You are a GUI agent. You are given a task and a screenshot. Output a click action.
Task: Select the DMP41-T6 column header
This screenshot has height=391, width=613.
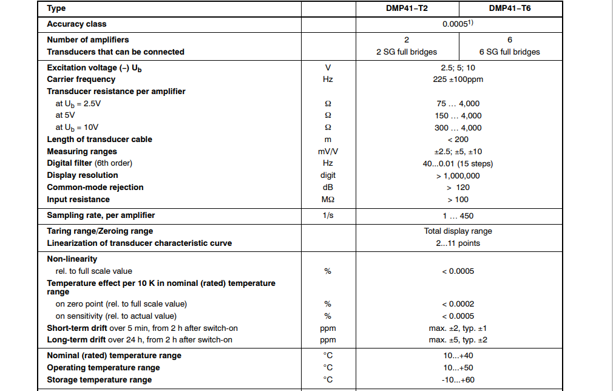pos(509,8)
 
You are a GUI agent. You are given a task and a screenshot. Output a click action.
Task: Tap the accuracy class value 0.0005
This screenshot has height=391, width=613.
pos(458,24)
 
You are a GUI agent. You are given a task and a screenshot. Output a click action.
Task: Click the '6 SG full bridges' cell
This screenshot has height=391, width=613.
pos(509,52)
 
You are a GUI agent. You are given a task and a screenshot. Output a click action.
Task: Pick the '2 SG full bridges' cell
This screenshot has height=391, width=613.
pos(406,52)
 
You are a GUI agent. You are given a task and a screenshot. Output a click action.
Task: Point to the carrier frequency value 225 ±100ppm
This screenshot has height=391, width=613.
pos(458,80)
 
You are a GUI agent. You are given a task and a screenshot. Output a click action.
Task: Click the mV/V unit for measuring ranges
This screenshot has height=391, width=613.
pos(327,152)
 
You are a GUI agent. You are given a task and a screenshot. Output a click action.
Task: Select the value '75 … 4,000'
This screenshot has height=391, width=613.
pos(458,104)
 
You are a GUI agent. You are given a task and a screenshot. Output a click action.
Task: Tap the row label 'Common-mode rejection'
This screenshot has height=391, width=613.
pos(95,188)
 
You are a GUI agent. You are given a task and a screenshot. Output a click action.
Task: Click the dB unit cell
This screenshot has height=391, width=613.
pos(327,188)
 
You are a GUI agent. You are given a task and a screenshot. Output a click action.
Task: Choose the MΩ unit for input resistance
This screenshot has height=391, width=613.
pos(327,200)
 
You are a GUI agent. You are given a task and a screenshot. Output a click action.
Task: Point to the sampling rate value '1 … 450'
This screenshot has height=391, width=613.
pos(458,216)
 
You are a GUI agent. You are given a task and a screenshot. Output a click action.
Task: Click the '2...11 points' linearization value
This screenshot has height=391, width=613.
pos(458,243)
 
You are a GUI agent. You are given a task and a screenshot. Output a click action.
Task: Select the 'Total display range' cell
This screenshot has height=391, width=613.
pos(458,231)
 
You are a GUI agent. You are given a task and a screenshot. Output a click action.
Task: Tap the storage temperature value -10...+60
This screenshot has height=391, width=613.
pos(458,380)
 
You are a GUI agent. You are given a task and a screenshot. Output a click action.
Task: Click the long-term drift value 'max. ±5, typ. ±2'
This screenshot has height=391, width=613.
pos(458,340)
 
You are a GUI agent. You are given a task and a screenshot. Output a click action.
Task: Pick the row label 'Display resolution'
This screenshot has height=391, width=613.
pos(83,175)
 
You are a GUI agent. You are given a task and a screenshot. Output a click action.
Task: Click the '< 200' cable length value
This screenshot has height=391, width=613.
pos(458,140)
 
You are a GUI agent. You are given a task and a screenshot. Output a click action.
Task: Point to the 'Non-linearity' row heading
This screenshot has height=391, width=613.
pos(72,259)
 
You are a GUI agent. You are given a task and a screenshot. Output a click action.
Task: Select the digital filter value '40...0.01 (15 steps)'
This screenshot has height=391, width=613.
pos(458,164)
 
